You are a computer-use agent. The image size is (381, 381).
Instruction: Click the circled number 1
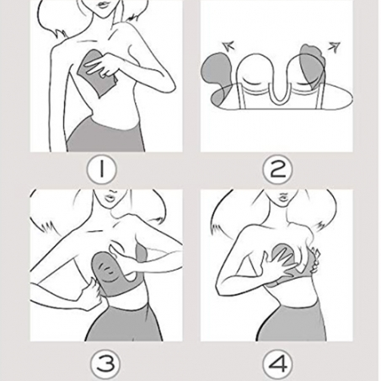click(x=101, y=169)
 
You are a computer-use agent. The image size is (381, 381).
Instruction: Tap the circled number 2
click(x=277, y=169)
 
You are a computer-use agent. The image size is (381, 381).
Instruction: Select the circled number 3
click(x=105, y=363)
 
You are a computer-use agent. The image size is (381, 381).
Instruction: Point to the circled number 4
click(x=277, y=363)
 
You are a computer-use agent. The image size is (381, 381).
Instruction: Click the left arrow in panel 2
click(x=228, y=46)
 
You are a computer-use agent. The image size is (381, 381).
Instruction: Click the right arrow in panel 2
click(x=334, y=47)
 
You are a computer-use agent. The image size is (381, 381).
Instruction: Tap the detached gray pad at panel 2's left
click(x=217, y=78)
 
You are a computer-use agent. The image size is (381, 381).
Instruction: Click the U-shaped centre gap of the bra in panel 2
click(x=279, y=91)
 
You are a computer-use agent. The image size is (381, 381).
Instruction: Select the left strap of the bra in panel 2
click(x=241, y=95)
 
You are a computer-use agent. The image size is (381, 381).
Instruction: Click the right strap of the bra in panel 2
click(x=319, y=95)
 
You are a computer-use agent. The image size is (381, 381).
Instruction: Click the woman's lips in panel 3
click(x=110, y=196)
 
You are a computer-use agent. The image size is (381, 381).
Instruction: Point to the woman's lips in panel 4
click(x=283, y=196)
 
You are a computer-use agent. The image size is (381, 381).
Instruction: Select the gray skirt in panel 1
click(x=105, y=136)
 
